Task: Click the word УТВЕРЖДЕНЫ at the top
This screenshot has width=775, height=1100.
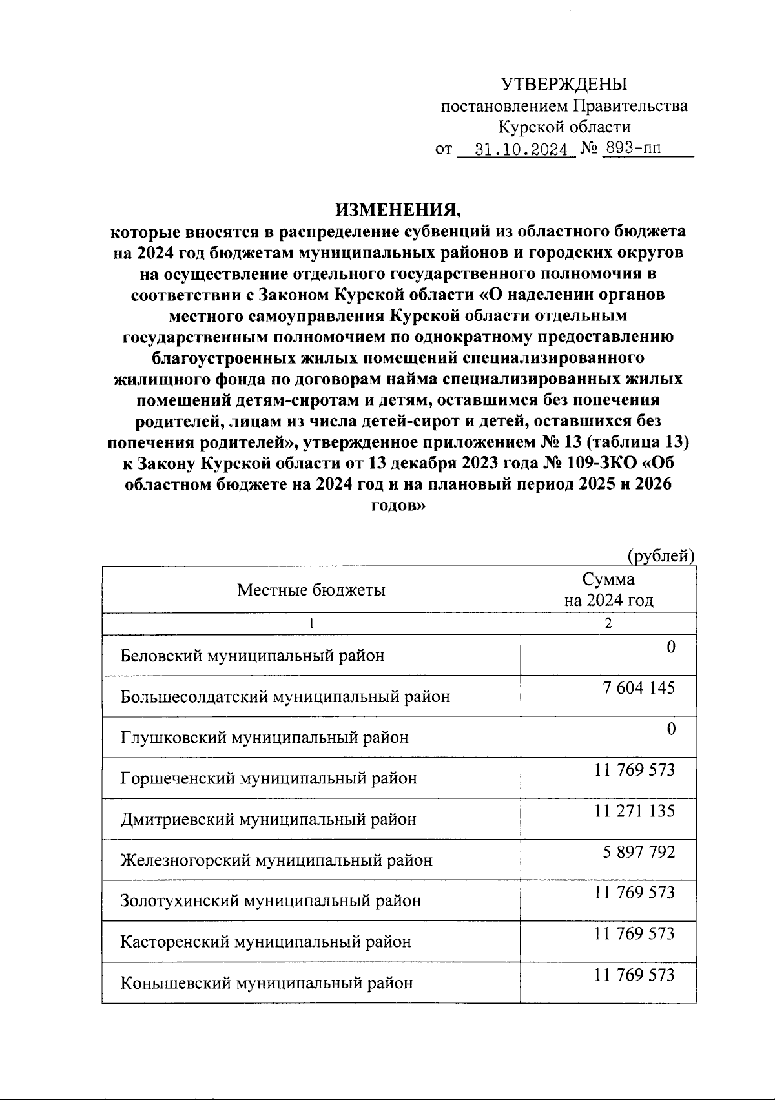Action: [564, 84]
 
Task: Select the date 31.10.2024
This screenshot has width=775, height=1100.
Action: [524, 150]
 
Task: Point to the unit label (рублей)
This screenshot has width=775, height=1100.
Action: [661, 555]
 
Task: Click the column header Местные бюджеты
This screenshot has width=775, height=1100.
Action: [311, 590]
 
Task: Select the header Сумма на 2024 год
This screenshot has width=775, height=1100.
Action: [608, 590]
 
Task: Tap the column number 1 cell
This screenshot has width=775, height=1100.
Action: [311, 623]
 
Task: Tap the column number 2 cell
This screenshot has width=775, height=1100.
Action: [608, 623]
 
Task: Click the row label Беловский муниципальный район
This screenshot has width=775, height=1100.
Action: [253, 656]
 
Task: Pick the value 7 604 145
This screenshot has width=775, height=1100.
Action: [639, 688]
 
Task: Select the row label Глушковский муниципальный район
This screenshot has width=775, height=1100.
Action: [264, 738]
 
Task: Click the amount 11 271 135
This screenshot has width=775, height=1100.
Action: [635, 811]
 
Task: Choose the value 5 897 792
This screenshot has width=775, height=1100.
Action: [639, 852]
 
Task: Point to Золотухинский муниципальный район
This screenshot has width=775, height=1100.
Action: [271, 900]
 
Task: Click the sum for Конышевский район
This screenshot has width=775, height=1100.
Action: [635, 975]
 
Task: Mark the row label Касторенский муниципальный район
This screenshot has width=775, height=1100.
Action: [265, 942]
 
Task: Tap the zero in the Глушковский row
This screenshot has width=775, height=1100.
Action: [671, 729]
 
